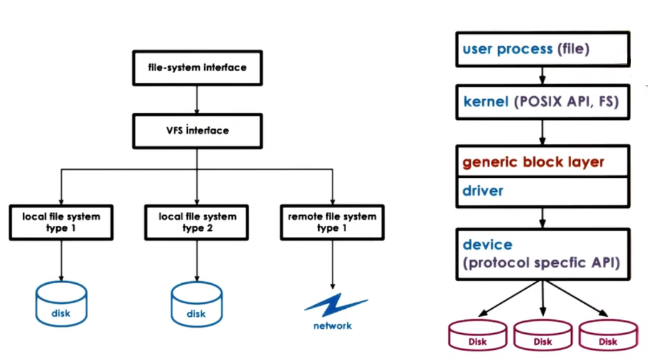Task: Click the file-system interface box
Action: coord(197,68)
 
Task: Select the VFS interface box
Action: coord(197,130)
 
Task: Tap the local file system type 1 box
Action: coord(61,222)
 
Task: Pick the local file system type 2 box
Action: coord(196,222)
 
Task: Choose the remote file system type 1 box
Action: coord(332,222)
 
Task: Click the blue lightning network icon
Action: coord(335,305)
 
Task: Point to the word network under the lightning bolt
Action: coord(332,326)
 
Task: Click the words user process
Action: coord(507,49)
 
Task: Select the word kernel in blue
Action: coord(485,102)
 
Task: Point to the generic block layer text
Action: coord(533,162)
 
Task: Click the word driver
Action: coord(483,191)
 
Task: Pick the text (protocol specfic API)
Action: coord(541,263)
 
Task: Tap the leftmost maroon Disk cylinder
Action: coord(477,335)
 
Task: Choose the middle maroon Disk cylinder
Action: coord(543,335)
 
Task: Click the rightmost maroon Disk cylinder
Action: coord(607,335)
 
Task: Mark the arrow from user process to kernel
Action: coord(543,76)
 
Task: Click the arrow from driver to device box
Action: coord(543,217)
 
